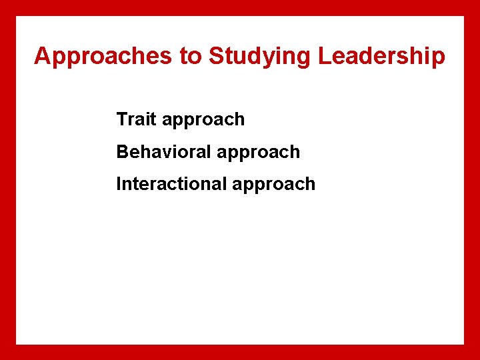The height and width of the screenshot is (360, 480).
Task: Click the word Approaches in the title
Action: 104,57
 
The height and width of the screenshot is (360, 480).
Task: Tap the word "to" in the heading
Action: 190,57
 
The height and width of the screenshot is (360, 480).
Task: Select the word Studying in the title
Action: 260,57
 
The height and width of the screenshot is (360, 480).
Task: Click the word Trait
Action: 136,119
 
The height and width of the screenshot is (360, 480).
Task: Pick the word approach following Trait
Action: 203,121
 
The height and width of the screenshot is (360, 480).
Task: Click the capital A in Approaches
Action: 42,57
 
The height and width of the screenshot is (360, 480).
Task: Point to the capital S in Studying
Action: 216,57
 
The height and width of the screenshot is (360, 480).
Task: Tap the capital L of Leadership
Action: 324,57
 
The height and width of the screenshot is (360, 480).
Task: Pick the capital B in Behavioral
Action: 123,152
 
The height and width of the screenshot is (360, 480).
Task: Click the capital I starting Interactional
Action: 119,184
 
